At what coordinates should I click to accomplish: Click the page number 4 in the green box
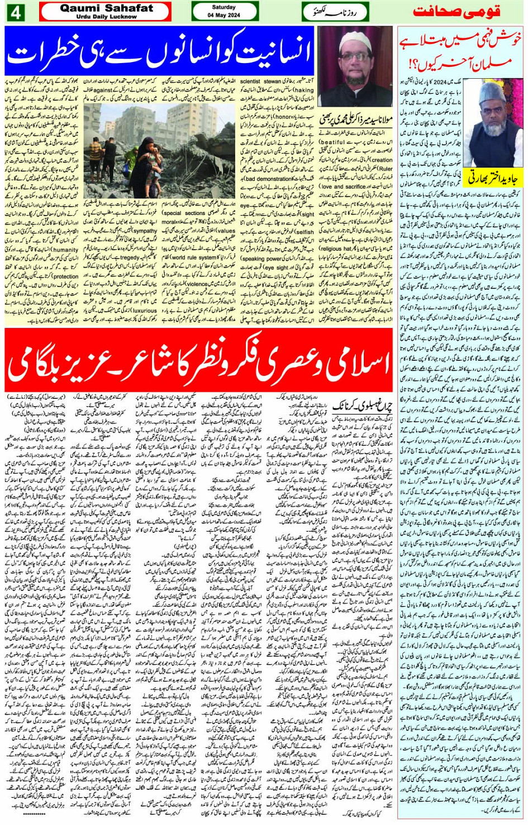pos(16,12)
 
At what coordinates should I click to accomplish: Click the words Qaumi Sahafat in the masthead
pos(106,8)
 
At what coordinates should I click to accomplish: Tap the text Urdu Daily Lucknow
pos(106,17)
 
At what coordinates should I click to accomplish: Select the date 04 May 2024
pos(224,15)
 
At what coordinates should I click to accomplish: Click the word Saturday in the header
pos(224,7)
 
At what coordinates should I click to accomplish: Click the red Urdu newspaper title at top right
pos(456,12)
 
